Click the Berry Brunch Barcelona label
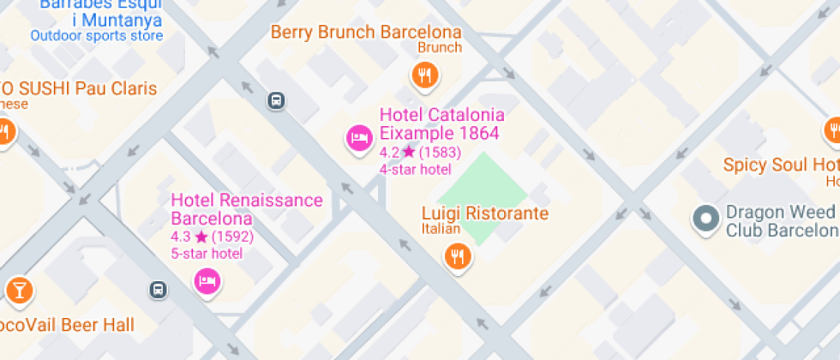(366, 33)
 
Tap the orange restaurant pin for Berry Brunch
(423, 76)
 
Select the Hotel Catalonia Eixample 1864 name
(441, 124)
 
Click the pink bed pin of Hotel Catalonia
(359, 137)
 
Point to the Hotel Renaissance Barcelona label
(247, 209)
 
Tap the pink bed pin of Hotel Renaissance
(206, 280)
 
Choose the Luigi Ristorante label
(484, 213)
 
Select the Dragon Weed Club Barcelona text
(780, 221)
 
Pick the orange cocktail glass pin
(17, 290)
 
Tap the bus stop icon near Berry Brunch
(277, 100)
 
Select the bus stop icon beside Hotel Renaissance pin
(158, 289)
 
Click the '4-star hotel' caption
(415, 169)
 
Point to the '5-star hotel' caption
(207, 253)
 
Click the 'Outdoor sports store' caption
(96, 36)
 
